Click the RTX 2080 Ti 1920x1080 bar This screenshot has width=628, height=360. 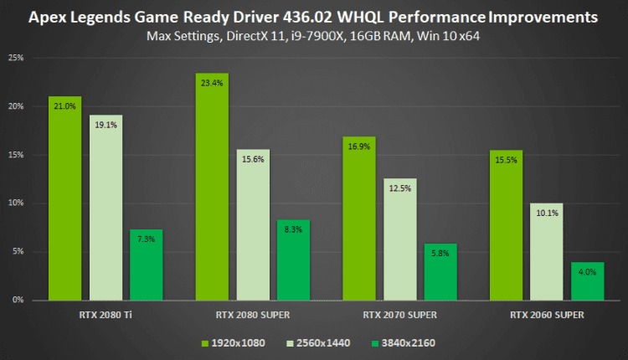tap(64, 201)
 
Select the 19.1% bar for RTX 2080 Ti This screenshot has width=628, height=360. tap(106, 209)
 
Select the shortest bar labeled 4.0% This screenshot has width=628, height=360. tap(587, 282)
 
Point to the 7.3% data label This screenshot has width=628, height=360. tap(147, 239)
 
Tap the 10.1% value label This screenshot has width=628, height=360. tap(546, 212)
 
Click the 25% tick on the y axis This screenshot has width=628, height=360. tap(15, 58)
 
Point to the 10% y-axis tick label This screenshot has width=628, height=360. tap(15, 203)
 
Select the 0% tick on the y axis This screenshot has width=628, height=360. tap(18, 300)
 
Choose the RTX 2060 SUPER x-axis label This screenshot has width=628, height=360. tap(546, 315)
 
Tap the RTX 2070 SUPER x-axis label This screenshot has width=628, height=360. tap(399, 315)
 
